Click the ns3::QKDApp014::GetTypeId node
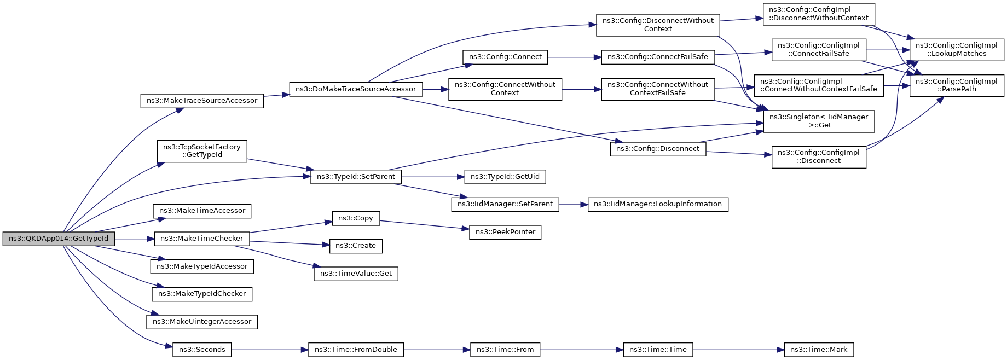(x=59, y=239)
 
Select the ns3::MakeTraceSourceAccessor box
(x=202, y=101)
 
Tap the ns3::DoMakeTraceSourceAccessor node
(x=356, y=89)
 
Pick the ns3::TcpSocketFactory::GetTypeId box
(x=202, y=151)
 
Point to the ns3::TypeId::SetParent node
(x=356, y=177)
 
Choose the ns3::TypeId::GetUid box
(x=505, y=177)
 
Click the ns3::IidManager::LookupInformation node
(x=658, y=204)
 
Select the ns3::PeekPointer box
(x=505, y=232)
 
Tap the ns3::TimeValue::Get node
(x=356, y=274)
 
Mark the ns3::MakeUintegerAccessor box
(x=202, y=322)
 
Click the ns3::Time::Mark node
(x=819, y=350)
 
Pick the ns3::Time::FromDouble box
(x=356, y=350)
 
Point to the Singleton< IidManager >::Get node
(x=819, y=121)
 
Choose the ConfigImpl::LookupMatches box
(x=957, y=49)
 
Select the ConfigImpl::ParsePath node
(x=957, y=85)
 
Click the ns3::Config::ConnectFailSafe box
(x=658, y=57)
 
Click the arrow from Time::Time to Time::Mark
(x=739, y=350)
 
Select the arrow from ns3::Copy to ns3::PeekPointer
(x=425, y=225)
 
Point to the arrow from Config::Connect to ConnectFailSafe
(x=575, y=57)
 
